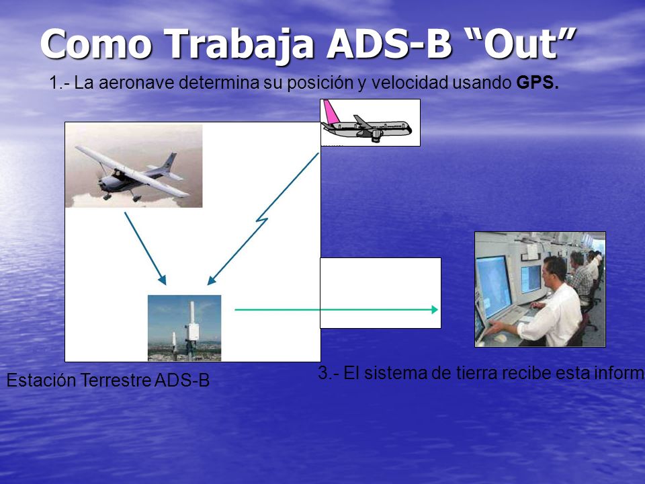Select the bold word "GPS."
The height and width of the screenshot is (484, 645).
[537, 83]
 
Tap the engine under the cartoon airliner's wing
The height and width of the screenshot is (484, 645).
[377, 136]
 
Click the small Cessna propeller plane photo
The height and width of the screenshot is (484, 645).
[134, 166]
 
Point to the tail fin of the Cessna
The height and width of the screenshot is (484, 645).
[170, 162]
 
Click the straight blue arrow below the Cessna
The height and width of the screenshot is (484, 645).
[145, 249]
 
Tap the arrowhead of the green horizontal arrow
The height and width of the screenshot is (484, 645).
[435, 309]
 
